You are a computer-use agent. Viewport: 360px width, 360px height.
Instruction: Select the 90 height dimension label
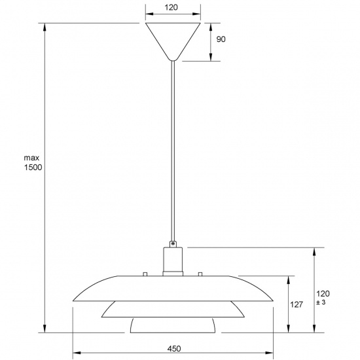pos(221,40)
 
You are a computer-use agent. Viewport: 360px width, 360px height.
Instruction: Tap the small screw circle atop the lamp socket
pos(173,244)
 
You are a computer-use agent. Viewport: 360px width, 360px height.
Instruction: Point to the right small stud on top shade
pos(200,272)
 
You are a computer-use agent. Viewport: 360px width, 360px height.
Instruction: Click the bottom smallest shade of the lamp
pos(173,325)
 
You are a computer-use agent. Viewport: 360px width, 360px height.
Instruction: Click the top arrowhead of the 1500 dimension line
pos(45,27)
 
